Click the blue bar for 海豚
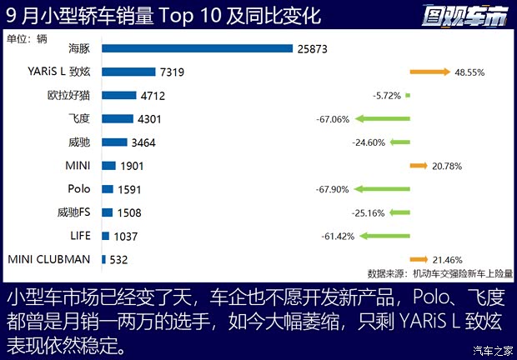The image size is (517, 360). (x=197, y=48)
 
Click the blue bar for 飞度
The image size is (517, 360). (x=118, y=119)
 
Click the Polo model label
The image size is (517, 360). (x=78, y=189)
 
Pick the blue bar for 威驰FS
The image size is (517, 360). (x=107, y=212)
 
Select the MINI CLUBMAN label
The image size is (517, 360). (x=48, y=259)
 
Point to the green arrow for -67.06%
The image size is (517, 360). (x=382, y=119)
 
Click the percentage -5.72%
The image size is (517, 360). (x=387, y=96)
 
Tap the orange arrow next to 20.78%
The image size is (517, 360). (x=418, y=166)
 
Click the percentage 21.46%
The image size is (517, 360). (x=447, y=260)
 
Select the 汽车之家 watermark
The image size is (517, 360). (x=492, y=349)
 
